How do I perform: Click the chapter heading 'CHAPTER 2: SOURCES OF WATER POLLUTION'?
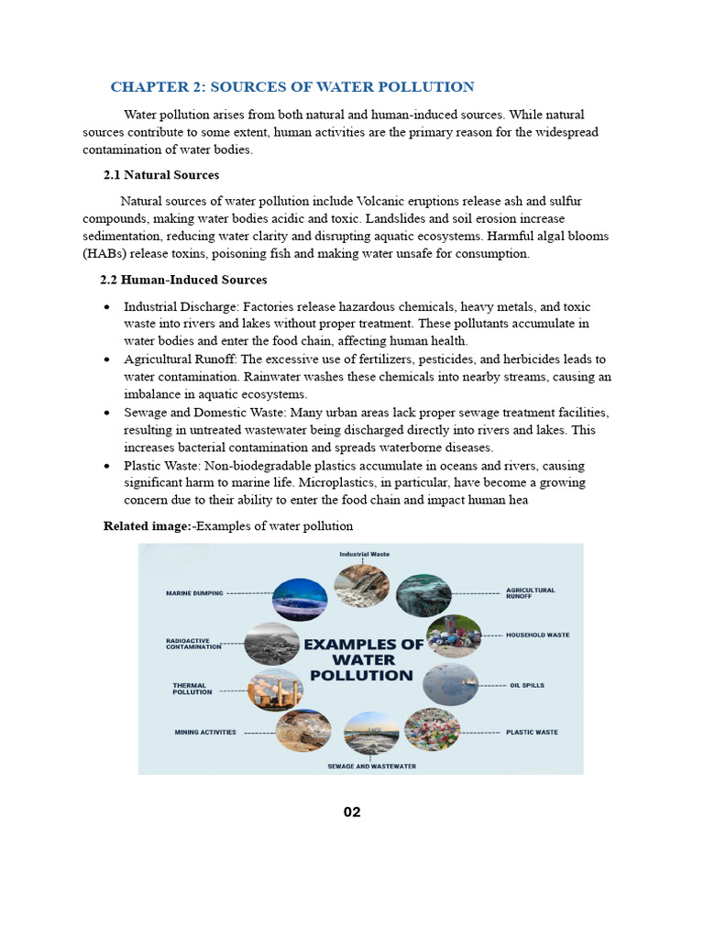(x=292, y=87)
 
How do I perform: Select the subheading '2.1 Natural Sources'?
(x=160, y=174)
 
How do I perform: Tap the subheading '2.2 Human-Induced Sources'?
(x=183, y=280)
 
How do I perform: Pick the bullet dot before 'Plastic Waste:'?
(x=108, y=467)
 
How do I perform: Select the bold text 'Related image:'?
(x=148, y=525)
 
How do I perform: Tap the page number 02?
(x=352, y=812)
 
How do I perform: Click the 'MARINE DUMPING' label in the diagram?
(x=194, y=593)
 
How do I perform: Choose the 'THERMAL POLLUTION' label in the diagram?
(x=192, y=689)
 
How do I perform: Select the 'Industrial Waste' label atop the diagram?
(x=365, y=554)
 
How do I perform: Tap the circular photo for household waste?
(x=448, y=635)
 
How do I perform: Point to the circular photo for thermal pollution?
(x=276, y=689)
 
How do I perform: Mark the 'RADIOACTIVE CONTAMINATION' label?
(x=193, y=644)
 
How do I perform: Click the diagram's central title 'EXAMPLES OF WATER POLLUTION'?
(x=363, y=659)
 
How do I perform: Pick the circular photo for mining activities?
(x=303, y=732)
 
